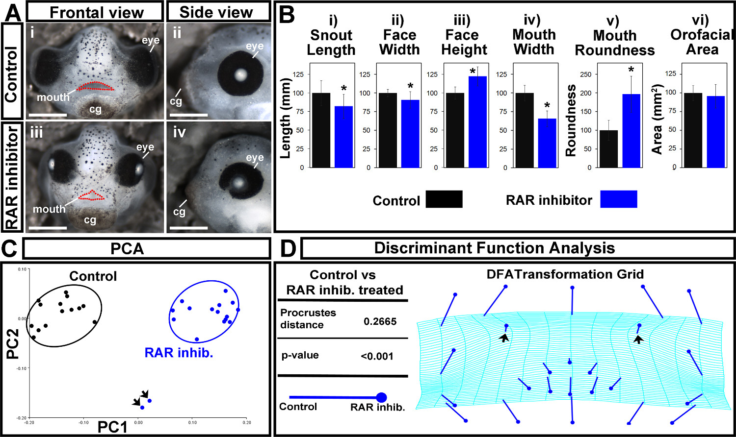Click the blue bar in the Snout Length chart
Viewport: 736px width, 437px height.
[343, 137]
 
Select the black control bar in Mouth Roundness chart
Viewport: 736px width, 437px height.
[608, 149]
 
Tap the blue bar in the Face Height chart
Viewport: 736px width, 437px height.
[478, 122]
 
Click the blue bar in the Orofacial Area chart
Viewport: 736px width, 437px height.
[716, 132]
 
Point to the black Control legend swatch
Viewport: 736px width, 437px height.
[444, 199]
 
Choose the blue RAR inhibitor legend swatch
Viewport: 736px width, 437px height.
[619, 199]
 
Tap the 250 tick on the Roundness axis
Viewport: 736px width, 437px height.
[586, 74]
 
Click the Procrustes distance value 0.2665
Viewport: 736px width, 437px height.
[380, 321]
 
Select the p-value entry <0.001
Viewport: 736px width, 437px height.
[377, 356]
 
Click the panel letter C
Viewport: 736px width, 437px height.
[11, 249]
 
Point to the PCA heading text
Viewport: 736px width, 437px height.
[127, 249]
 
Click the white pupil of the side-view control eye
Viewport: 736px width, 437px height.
[240, 74]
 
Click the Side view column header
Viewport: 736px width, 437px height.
[216, 12]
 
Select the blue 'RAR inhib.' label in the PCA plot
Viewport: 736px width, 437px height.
[179, 353]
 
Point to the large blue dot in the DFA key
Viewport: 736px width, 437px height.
[381, 397]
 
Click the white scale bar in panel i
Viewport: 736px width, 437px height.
[48, 115]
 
